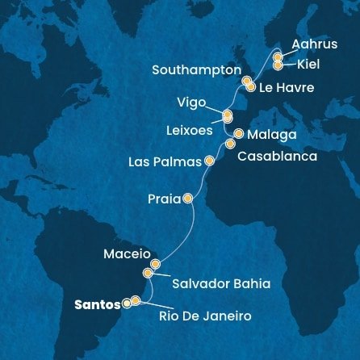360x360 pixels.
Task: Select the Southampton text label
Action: (196, 70)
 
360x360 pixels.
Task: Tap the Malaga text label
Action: (274, 133)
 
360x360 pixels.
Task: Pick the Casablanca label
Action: (277, 157)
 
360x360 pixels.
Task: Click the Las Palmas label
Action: (165, 161)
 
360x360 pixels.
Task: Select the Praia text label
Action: (163, 198)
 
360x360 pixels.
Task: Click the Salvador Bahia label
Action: (220, 283)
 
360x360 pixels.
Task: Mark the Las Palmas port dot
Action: (210, 160)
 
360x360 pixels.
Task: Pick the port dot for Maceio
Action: (156, 264)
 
